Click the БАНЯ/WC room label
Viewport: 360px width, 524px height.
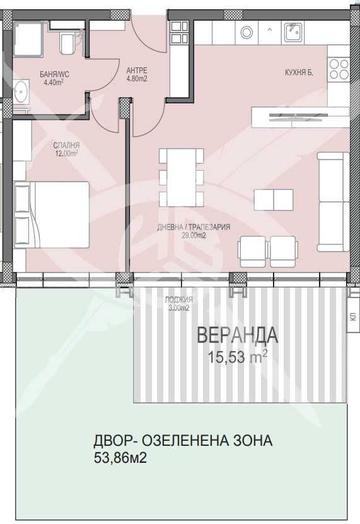tap(54, 74)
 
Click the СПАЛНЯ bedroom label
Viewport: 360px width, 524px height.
tap(66, 145)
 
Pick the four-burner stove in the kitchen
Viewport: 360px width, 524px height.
tap(339, 68)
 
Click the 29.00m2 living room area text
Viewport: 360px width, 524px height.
tap(194, 235)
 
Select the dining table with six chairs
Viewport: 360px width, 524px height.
tap(181, 177)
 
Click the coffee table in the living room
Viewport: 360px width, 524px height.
tap(273, 200)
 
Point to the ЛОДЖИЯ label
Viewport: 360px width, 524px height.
tap(178, 300)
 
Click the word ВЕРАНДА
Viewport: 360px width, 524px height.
tap(237, 335)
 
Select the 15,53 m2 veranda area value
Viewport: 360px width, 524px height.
tap(237, 357)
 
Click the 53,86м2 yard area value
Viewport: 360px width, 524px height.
tap(120, 458)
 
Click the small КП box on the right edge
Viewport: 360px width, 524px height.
tap(351, 319)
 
